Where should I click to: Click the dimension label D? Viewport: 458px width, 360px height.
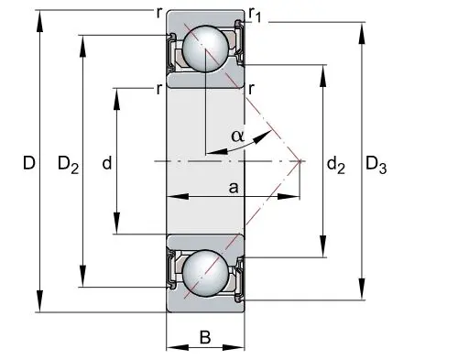[29, 163]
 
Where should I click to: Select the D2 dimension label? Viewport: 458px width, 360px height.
[69, 165]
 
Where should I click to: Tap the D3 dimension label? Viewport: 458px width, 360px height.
[376, 165]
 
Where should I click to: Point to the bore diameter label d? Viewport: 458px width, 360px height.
[107, 163]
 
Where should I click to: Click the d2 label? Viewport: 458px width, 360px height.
[336, 165]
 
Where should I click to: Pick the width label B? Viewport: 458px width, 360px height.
[205, 338]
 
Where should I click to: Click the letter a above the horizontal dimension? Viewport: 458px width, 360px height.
[234, 188]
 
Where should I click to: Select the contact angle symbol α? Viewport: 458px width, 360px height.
[238, 136]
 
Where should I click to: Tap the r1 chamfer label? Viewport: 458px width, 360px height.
[255, 15]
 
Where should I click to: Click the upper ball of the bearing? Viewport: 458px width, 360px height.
[205, 49]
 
